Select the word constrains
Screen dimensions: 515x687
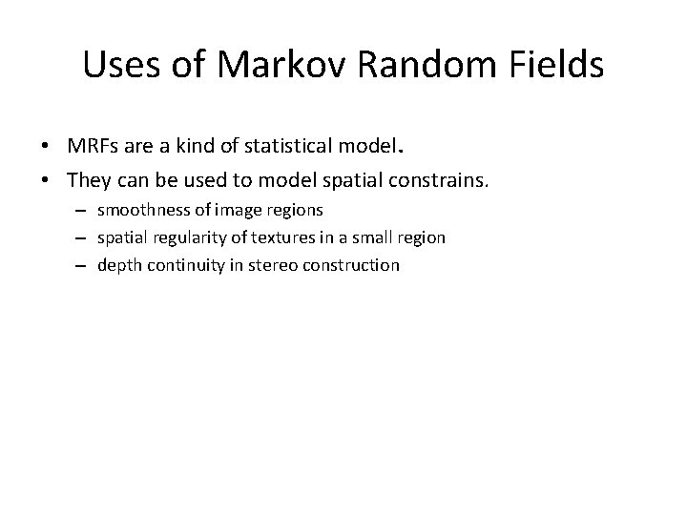tap(455, 180)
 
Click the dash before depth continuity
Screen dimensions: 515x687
tap(83, 265)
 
